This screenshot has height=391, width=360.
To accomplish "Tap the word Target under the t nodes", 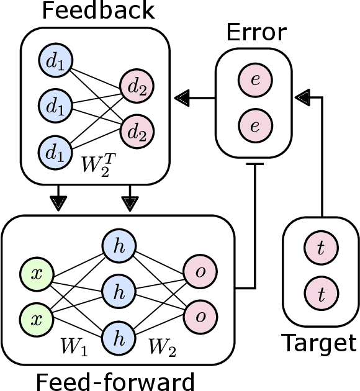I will [x=320, y=343].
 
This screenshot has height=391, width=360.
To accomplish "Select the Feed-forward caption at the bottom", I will [x=115, y=380].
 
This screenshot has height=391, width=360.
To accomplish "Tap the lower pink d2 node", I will [x=138, y=132].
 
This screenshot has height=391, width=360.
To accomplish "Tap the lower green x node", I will [x=37, y=319].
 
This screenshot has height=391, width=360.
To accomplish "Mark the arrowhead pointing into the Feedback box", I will [x=181, y=97].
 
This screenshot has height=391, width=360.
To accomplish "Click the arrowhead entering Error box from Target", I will [x=302, y=97].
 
